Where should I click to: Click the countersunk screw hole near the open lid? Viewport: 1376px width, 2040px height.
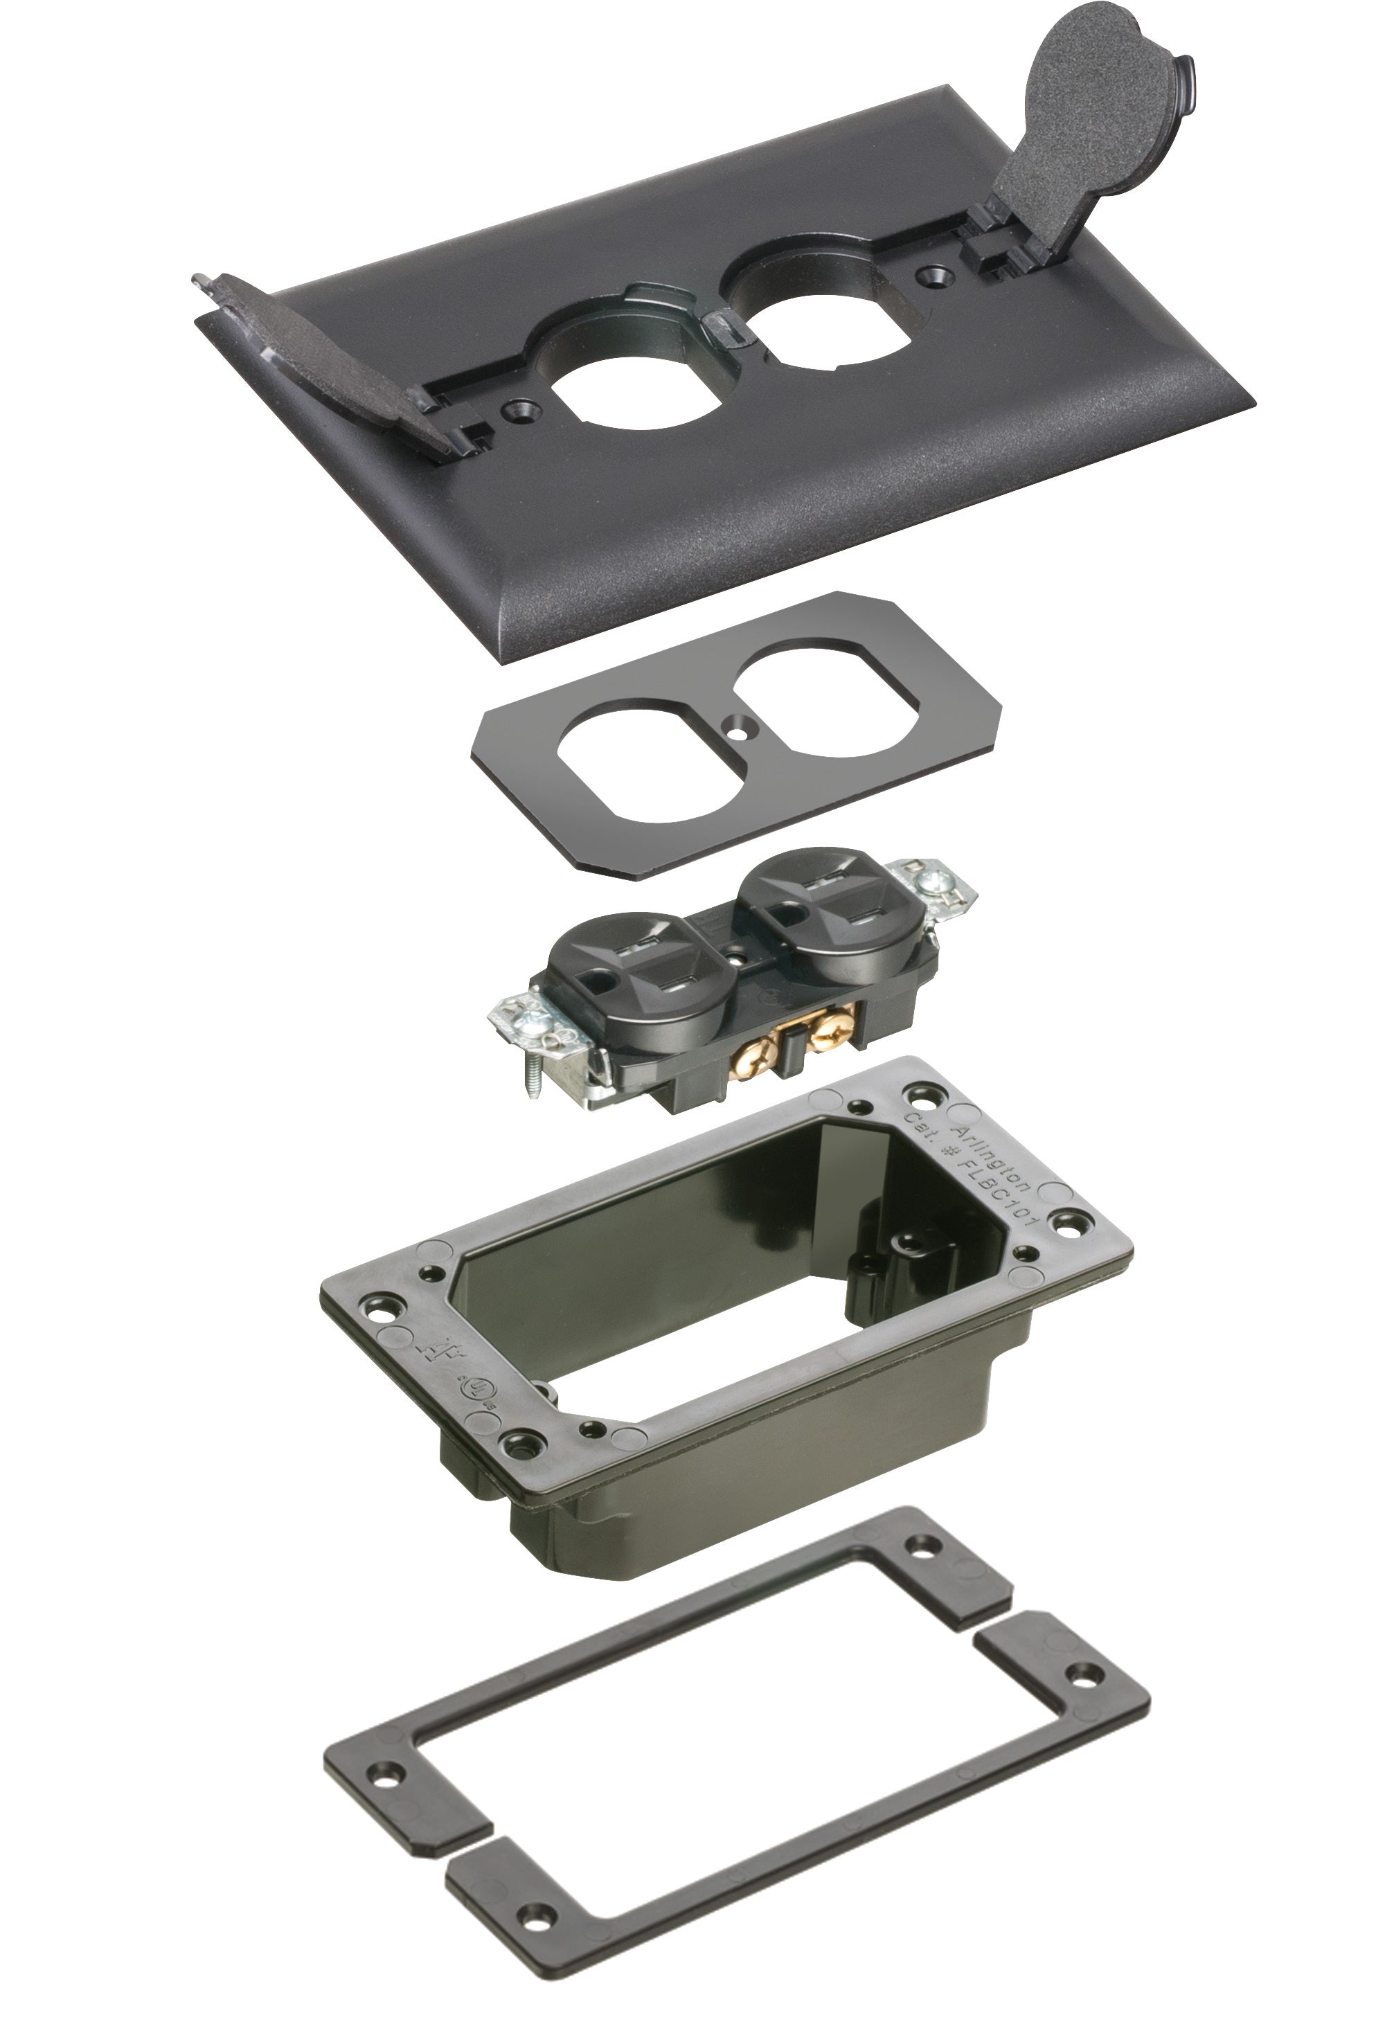click(932, 277)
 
